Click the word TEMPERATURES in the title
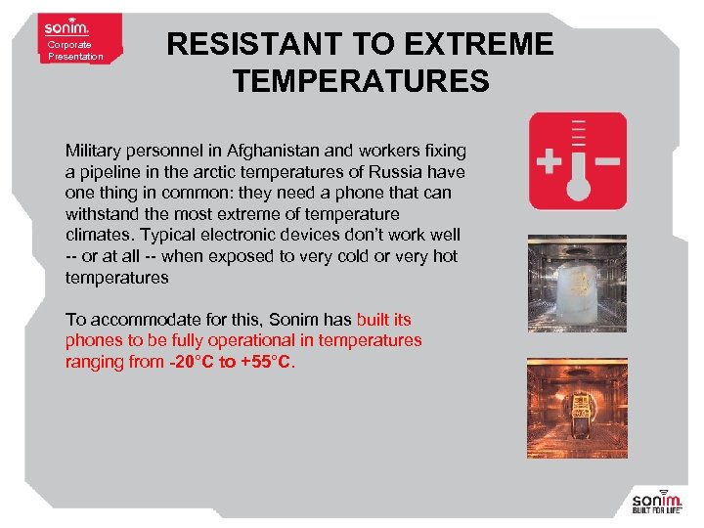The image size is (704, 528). tap(361, 80)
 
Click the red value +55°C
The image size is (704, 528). tap(266, 362)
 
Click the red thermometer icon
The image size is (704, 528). tap(577, 161)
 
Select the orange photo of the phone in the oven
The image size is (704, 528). tap(577, 409)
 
